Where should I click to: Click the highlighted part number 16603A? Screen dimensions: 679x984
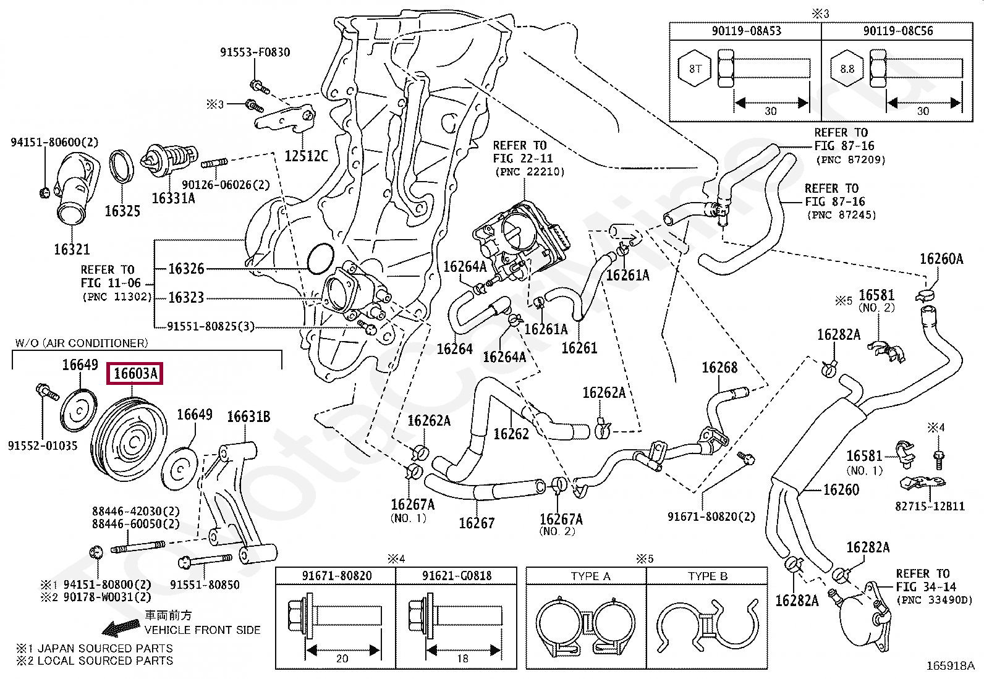(x=135, y=374)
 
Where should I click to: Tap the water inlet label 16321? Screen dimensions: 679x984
(x=72, y=250)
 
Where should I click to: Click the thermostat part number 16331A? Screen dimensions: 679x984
(x=173, y=198)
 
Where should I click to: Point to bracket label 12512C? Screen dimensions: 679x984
(x=306, y=156)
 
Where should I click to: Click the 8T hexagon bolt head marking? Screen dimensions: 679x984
(x=696, y=69)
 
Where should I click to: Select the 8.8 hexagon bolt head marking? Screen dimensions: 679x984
(x=847, y=69)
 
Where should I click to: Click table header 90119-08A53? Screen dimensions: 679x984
(x=745, y=30)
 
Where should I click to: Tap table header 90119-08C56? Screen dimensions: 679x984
(x=897, y=30)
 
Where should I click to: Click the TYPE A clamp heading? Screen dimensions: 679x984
(x=590, y=576)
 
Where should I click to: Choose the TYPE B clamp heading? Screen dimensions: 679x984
(x=707, y=576)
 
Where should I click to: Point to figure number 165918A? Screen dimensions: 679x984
(x=950, y=666)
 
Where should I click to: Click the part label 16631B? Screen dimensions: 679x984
(x=248, y=417)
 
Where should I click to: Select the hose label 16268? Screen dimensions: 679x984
(x=719, y=368)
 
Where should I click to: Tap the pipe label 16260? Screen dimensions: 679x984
(x=841, y=489)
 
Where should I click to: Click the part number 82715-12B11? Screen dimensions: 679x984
(x=930, y=506)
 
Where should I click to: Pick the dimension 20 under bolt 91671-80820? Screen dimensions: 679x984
(x=342, y=659)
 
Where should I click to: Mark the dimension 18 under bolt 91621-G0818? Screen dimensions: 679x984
(x=462, y=659)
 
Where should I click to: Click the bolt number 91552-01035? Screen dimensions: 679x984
(x=43, y=445)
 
